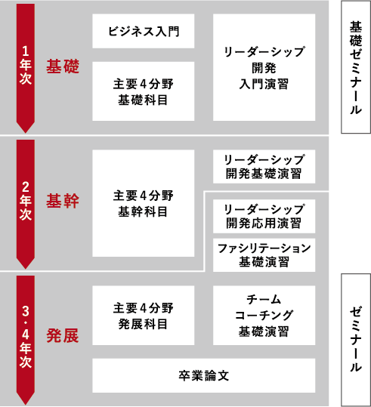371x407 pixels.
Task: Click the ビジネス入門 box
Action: pyautogui.click(x=143, y=31)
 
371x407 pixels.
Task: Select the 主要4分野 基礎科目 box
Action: pyautogui.click(x=143, y=91)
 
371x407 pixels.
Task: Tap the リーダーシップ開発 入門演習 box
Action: pyautogui.click(x=264, y=67)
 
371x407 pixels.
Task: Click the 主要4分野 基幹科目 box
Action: pyautogui.click(x=143, y=203)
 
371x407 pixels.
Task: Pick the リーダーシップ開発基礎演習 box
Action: pyautogui.click(x=264, y=166)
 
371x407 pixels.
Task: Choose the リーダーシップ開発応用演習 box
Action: pyautogui.click(x=264, y=216)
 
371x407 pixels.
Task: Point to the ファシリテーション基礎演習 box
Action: pyautogui.click(x=264, y=255)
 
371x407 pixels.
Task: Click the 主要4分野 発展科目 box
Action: pyautogui.click(x=143, y=316)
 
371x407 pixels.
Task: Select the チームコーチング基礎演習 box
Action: pyautogui.click(x=264, y=316)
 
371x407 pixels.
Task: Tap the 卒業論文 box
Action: pyautogui.click(x=204, y=375)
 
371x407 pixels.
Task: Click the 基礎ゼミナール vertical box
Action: pyautogui.click(x=356, y=67)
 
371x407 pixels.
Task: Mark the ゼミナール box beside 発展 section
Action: pyautogui.click(x=356, y=340)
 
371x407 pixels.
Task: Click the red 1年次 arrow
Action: pyautogui.click(x=26, y=68)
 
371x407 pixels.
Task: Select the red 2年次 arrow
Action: pyautogui.click(x=26, y=204)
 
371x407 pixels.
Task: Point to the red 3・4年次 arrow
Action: pyautogui.click(x=26, y=340)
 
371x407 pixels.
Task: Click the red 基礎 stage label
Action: pyautogui.click(x=63, y=66)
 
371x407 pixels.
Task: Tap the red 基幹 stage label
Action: pyautogui.click(x=63, y=201)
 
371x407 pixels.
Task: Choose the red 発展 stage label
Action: pyautogui.click(x=63, y=335)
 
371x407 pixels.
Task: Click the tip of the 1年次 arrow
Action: pyautogui.click(x=26, y=133)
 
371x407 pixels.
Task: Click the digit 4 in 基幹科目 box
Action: pyautogui.click(x=144, y=196)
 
